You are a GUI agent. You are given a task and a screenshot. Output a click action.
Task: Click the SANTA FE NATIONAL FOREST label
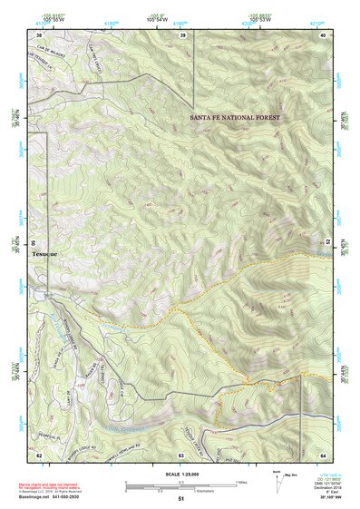tap(235, 118)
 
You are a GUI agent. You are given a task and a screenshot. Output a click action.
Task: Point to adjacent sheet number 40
tap(323, 35)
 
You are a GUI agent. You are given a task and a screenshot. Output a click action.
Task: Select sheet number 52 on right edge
tap(328, 242)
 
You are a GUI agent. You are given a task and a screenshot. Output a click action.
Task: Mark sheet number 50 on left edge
tap(34, 243)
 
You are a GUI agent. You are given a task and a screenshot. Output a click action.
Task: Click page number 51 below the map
tap(181, 499)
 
